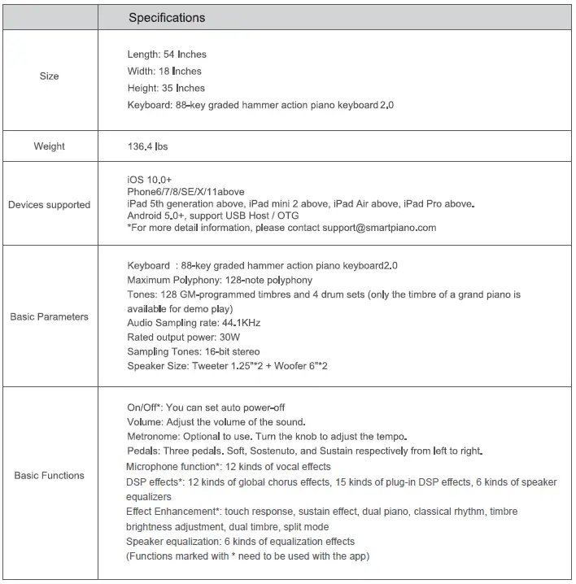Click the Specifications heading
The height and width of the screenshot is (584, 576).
(167, 17)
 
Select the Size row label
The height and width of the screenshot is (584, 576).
(50, 76)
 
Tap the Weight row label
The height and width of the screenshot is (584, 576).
(50, 146)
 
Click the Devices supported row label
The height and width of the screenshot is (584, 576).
(50, 205)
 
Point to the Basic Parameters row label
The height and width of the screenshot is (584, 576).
(50, 316)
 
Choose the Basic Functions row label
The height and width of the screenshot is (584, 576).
(50, 475)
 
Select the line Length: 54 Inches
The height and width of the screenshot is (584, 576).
(167, 54)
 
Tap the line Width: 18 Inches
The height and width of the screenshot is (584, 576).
(164, 72)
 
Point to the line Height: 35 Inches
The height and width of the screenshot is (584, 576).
(166, 88)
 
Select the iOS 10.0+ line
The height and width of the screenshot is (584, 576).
(150, 178)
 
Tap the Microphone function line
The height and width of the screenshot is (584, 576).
(229, 466)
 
